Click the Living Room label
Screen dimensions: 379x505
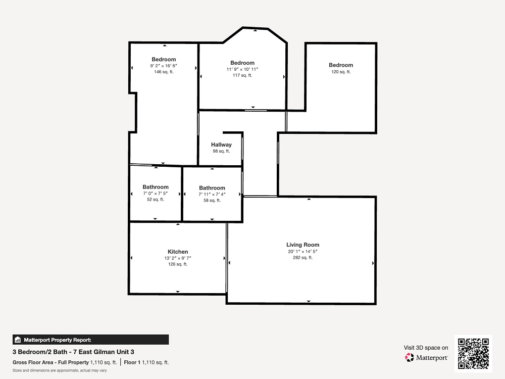302,245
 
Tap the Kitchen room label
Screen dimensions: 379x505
178,252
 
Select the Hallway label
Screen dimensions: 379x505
221,145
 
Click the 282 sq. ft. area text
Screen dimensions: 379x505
302,258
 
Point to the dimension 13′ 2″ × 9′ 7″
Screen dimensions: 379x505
178,258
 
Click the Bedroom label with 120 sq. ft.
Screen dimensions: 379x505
341,65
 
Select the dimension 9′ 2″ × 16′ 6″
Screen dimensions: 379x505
164,66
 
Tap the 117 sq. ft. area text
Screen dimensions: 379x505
242,75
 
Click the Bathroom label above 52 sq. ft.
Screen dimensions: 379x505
156,187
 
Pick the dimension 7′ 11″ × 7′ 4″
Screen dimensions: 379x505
212,194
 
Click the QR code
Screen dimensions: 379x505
473,354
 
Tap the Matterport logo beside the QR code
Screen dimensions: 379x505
426,357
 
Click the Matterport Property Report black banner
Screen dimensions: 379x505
90,340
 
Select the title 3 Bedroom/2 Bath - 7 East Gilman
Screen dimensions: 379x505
73,352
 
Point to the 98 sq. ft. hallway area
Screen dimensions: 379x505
221,151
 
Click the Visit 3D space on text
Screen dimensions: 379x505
426,348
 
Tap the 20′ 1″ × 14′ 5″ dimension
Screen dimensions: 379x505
302,251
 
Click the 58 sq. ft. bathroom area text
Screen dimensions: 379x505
212,201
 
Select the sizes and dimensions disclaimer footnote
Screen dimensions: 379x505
60,370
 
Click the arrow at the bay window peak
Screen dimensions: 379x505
256,30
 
